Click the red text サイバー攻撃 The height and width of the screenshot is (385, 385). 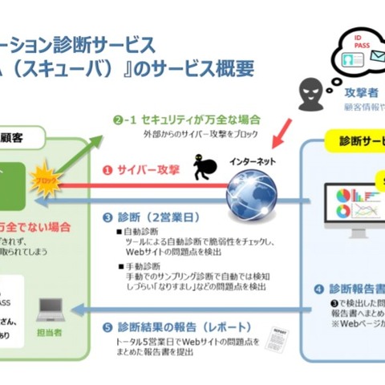click(x=147, y=171)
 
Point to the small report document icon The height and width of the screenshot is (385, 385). click(x=279, y=332)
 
